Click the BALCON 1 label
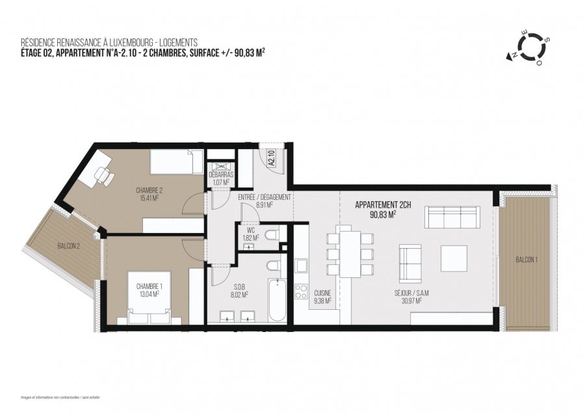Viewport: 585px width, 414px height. pyautogui.click(x=526, y=260)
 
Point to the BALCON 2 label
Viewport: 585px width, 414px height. pyautogui.click(x=70, y=245)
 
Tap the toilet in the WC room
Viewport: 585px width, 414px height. pyautogui.click(x=273, y=234)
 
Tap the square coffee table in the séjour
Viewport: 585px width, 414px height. pyautogui.click(x=454, y=258)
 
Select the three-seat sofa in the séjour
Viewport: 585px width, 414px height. pyautogui.click(x=452, y=215)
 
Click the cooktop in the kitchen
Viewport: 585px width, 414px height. pyautogui.click(x=302, y=292)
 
